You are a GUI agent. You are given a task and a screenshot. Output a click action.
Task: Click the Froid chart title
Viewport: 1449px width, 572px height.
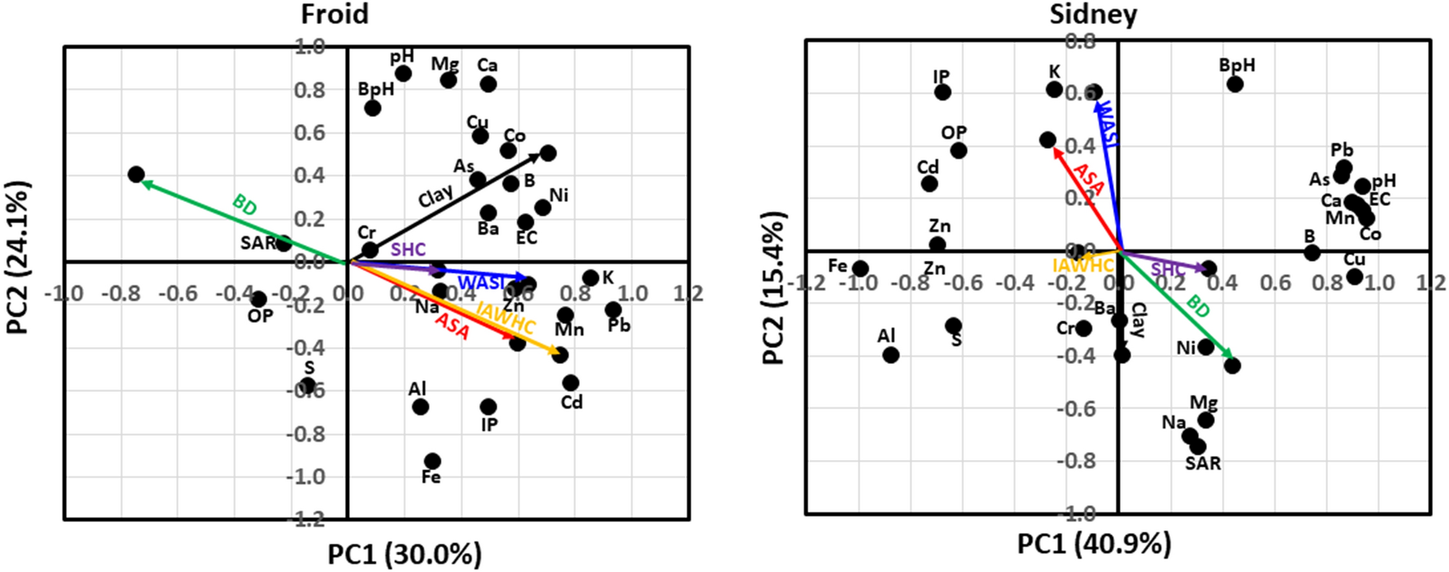[334, 14]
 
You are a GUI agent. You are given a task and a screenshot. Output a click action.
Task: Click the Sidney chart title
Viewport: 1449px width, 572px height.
[1093, 14]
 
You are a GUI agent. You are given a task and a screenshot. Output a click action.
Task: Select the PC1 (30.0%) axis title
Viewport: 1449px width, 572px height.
[405, 555]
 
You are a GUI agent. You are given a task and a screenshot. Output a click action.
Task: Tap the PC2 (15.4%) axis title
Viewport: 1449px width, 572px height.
[774, 288]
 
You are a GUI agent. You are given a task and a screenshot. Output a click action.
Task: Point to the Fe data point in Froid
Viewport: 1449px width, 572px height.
[433, 461]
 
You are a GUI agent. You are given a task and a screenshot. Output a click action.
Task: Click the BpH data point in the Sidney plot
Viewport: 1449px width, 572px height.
[1234, 84]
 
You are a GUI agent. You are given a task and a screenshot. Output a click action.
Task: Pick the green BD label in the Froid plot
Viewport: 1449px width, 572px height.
[245, 205]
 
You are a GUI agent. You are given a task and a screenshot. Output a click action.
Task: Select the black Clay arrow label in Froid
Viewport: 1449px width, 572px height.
[436, 196]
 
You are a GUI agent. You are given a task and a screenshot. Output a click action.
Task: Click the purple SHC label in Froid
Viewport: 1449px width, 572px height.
[408, 250]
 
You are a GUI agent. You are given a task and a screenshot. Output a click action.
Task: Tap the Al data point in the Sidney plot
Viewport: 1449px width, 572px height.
[891, 355]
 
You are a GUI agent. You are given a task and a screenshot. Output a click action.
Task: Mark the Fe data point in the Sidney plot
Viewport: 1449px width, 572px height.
[860, 269]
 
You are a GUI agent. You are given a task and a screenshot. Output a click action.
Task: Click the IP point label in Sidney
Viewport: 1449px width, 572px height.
[941, 77]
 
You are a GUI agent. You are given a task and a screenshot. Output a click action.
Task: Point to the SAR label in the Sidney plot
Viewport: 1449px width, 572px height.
[1203, 463]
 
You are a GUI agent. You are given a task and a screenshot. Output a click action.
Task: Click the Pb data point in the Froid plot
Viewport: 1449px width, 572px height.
[613, 310]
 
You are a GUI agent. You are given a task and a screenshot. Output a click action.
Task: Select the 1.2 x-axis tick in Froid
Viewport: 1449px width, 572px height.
[688, 293]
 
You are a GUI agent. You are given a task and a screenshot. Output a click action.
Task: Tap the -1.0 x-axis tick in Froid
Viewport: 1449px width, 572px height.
[64, 293]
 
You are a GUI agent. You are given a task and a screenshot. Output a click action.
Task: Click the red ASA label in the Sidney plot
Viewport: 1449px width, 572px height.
[1088, 179]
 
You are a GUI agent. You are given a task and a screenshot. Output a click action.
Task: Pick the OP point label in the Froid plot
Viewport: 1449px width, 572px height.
[260, 316]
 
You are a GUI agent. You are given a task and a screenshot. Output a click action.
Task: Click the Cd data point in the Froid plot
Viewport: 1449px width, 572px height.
[571, 383]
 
